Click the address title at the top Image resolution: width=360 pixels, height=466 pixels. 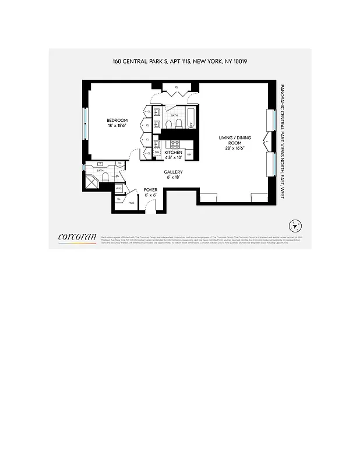pos(180,61)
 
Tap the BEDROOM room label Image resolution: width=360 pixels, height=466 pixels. pos(117,121)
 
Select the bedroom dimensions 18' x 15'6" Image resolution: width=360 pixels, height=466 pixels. pos(117,126)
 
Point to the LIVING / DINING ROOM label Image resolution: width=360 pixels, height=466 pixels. pos(235,140)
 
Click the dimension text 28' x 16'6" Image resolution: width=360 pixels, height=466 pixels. pos(235,149)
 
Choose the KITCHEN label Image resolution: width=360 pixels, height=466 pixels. pos(173,152)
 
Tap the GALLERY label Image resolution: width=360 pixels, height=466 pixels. pos(173,172)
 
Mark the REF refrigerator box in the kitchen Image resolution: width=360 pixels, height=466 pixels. pos(189,156)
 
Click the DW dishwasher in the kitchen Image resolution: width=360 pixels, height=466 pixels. pos(157,153)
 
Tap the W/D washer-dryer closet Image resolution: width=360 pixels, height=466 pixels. pos(118,189)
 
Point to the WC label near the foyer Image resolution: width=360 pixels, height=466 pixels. pos(132,203)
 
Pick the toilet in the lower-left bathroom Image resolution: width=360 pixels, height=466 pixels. pos(105,176)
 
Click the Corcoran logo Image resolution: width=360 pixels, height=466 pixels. pos(77,236)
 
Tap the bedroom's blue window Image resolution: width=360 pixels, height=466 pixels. pos(86,123)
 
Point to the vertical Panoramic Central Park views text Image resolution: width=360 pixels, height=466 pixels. pos(281,141)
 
